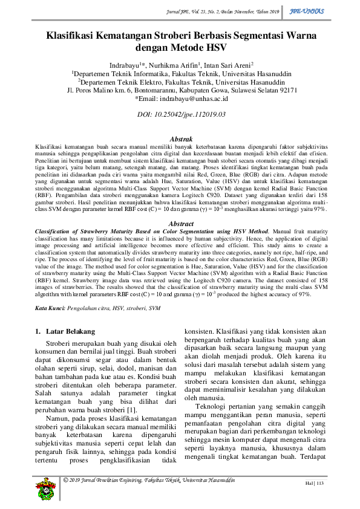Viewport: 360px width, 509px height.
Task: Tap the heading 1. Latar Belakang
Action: [x=65, y=331]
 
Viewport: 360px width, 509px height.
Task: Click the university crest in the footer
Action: [x=45, y=485]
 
